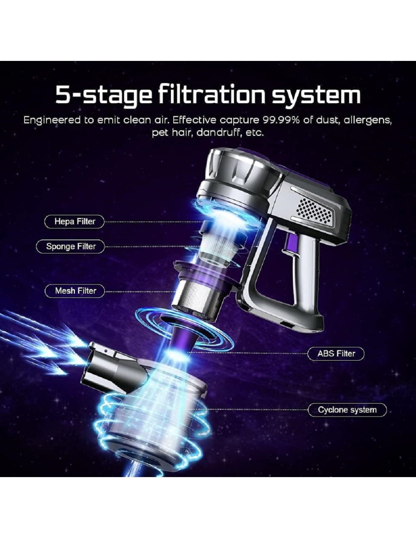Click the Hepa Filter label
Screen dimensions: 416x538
tap(75, 221)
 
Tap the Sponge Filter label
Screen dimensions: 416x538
tap(70, 246)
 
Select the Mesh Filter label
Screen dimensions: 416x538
tap(75, 291)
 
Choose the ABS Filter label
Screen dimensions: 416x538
tap(336, 353)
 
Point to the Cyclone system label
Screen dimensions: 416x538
tap(347, 410)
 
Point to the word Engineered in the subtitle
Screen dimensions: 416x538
tap(52, 121)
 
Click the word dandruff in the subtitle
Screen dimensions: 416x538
tap(219, 133)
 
